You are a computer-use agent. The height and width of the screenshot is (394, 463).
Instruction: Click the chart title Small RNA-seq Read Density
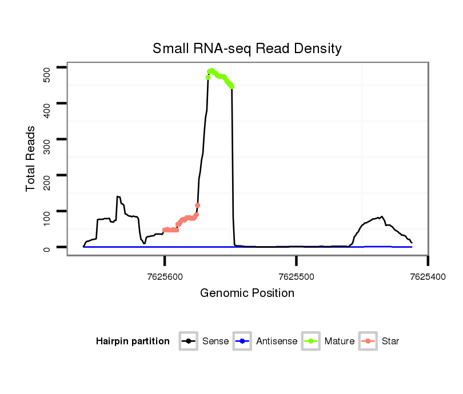[x=247, y=49]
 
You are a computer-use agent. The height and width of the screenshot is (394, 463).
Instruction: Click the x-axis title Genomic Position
[x=247, y=294]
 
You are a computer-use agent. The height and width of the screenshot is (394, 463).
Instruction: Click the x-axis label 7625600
[x=165, y=276]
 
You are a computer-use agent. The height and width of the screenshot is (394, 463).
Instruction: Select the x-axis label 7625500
[x=296, y=276]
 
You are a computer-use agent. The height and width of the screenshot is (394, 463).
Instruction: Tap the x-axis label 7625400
[x=428, y=276]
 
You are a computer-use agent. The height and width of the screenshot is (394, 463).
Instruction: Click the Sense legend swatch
[x=189, y=341]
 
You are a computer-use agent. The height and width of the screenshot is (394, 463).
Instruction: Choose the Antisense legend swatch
[x=243, y=341]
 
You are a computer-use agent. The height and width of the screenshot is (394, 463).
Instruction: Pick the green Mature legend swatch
[x=311, y=341]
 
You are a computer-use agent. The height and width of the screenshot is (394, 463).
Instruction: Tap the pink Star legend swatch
[x=369, y=341]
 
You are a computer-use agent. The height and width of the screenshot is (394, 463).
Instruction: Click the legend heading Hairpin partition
[x=133, y=341]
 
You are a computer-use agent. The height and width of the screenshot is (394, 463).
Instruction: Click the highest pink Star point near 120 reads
[x=197, y=205]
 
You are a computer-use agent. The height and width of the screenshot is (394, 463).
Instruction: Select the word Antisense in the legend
[x=277, y=341]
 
